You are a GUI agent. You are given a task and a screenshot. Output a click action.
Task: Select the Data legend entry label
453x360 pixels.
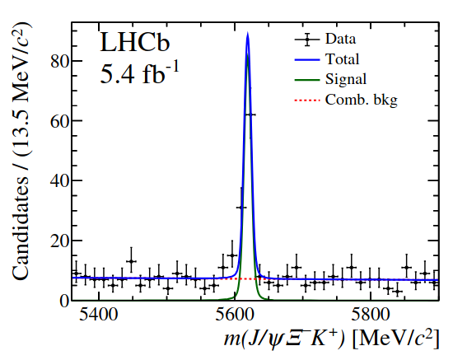(x=341, y=39)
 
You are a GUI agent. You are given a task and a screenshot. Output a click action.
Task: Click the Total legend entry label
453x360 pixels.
(x=343, y=59)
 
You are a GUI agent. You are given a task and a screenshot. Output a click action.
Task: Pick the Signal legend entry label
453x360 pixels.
(x=346, y=80)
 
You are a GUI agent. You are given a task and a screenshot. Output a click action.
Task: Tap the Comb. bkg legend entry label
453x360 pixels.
(x=361, y=100)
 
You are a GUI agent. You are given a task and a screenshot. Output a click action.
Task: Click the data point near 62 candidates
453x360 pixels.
(x=250, y=115)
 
